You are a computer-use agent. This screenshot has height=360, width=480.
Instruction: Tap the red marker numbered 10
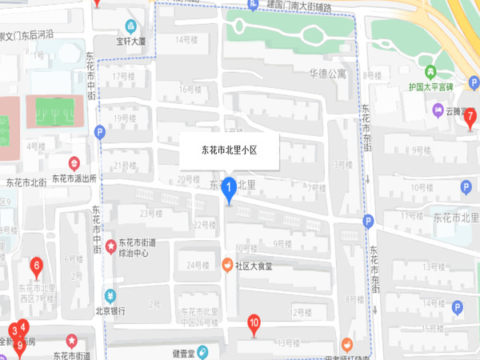[254, 324]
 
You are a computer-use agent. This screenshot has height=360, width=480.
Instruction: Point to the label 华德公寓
[328, 74]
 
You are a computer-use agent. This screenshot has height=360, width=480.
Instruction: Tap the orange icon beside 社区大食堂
[227, 264]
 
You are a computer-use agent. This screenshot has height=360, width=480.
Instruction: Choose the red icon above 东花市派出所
[74, 162]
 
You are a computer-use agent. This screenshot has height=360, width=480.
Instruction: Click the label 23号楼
[151, 214]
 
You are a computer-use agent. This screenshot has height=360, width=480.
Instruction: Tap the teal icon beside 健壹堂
[203, 351]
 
